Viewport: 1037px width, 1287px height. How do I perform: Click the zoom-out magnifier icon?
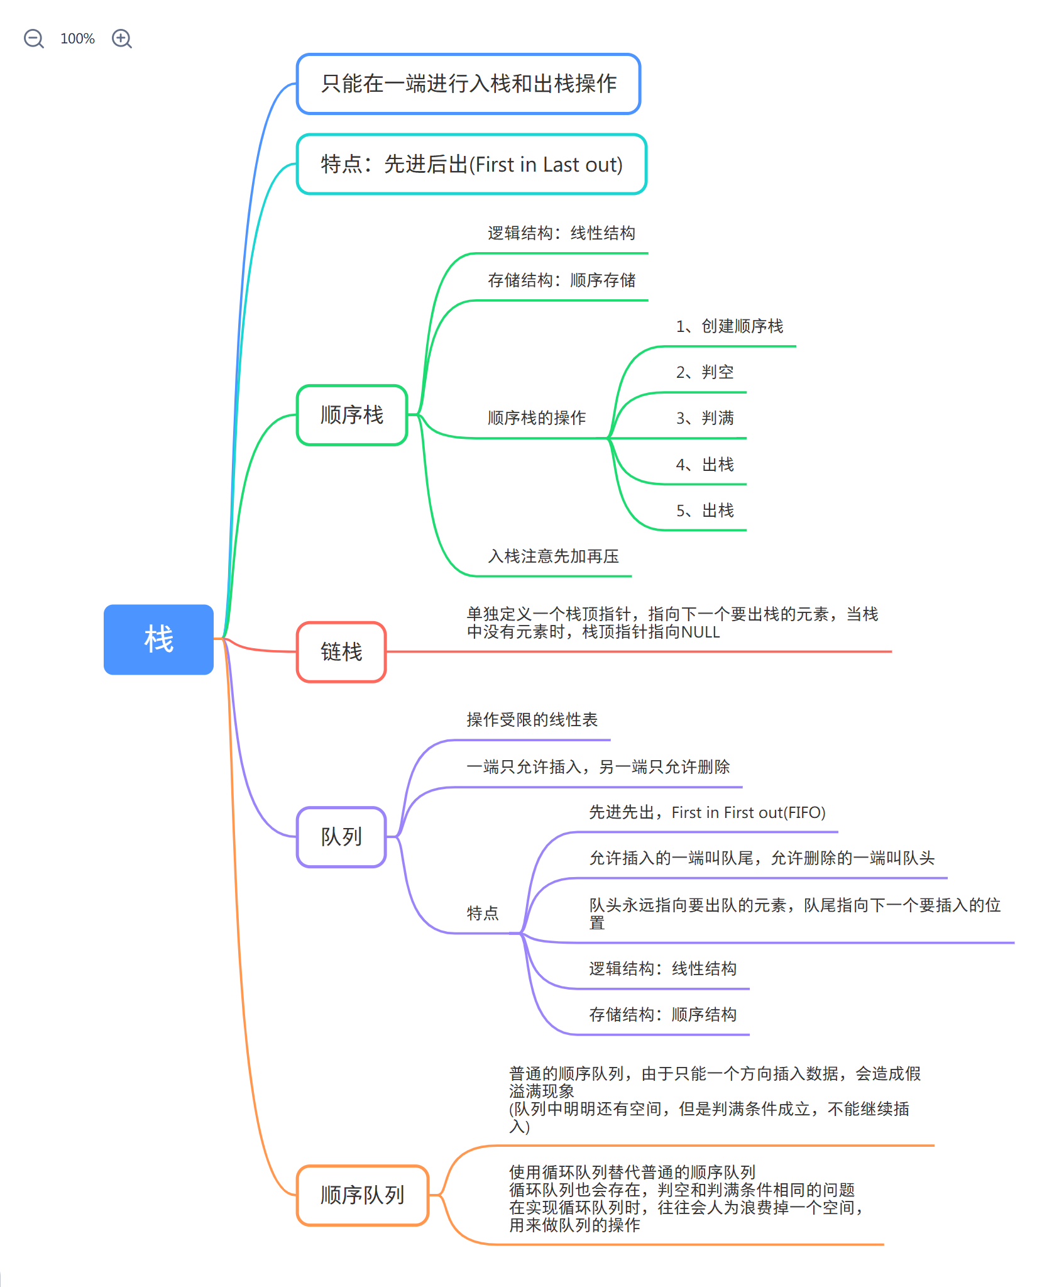(33, 39)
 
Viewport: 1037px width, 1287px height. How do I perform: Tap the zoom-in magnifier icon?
(121, 39)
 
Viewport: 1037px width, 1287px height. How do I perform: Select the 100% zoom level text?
(77, 39)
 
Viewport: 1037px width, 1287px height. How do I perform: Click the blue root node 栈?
(158, 639)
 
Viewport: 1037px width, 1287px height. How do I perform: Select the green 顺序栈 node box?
(352, 415)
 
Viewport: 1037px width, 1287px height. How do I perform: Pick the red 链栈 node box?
(341, 652)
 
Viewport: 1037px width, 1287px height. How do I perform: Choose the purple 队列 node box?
(341, 837)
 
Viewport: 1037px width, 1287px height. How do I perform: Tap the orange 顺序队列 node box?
(363, 1195)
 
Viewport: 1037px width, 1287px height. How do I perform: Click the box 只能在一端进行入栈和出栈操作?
(469, 84)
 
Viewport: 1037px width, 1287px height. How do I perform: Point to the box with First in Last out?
(471, 164)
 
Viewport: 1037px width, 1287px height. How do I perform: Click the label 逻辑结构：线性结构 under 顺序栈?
(561, 233)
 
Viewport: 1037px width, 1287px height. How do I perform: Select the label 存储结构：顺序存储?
(561, 280)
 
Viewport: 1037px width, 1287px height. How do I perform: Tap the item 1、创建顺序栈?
(729, 326)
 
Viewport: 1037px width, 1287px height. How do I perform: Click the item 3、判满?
(705, 418)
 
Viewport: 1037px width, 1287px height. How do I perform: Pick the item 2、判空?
(705, 372)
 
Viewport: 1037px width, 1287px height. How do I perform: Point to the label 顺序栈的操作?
(537, 418)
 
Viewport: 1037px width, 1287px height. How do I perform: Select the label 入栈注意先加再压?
(553, 556)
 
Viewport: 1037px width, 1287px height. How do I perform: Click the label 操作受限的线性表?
(532, 720)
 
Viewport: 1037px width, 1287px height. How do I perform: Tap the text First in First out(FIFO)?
(748, 813)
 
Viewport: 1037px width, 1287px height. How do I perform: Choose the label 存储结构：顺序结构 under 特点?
(662, 1015)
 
